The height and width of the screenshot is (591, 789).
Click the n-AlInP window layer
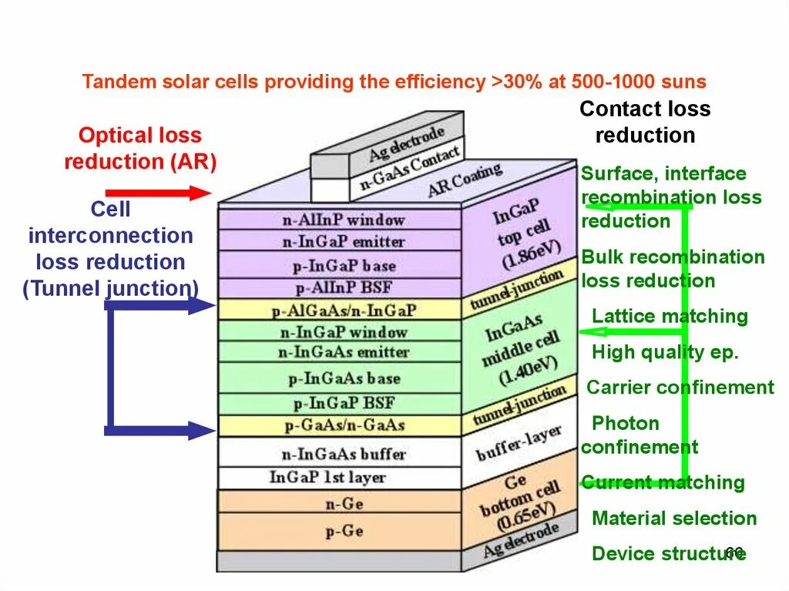(x=343, y=220)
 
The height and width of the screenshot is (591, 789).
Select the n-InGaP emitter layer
(x=343, y=242)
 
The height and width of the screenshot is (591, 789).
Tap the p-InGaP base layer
(x=343, y=266)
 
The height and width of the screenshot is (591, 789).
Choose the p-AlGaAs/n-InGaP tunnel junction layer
(x=343, y=311)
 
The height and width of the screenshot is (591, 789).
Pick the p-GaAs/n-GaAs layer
(x=343, y=425)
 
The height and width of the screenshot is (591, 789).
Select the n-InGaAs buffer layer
(x=343, y=454)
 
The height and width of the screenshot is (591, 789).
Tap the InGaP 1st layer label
(x=327, y=478)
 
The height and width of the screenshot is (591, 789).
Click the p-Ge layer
(x=343, y=531)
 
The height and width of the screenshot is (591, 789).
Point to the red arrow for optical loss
(x=157, y=193)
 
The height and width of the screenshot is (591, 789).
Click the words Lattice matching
(x=669, y=317)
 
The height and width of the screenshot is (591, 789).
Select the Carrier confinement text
(x=680, y=388)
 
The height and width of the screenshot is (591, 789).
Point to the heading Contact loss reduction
(x=645, y=123)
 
